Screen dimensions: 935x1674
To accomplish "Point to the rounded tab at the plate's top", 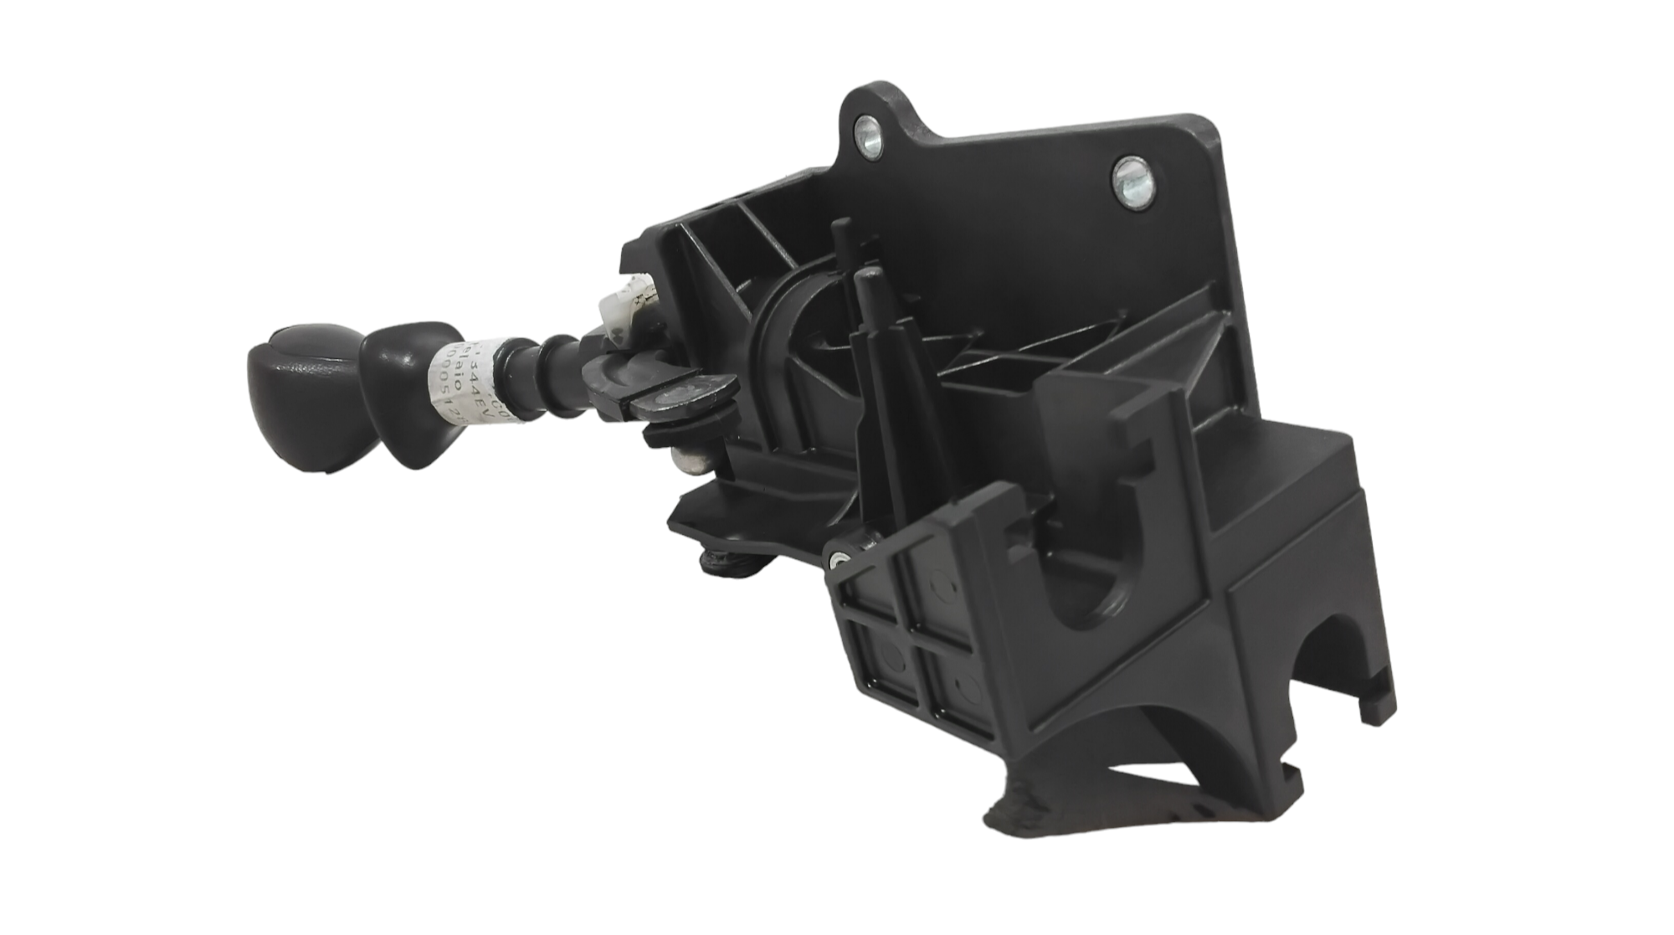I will [870, 117].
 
